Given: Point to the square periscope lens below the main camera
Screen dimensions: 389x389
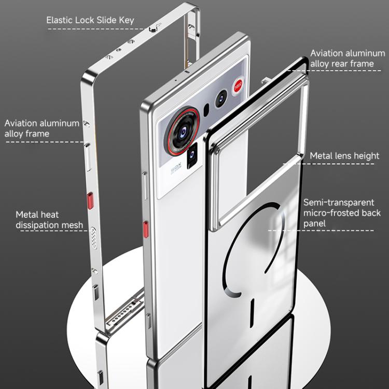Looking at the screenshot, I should point(192,154).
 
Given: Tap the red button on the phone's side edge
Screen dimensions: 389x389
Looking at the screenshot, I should point(146,228).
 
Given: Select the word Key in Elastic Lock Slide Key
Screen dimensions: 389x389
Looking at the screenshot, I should point(127,20).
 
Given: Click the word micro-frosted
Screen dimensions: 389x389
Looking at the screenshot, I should point(335,213).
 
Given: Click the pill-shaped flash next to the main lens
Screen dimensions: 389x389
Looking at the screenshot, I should point(206,109).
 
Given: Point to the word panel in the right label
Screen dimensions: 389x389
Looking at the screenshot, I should point(315,224).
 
